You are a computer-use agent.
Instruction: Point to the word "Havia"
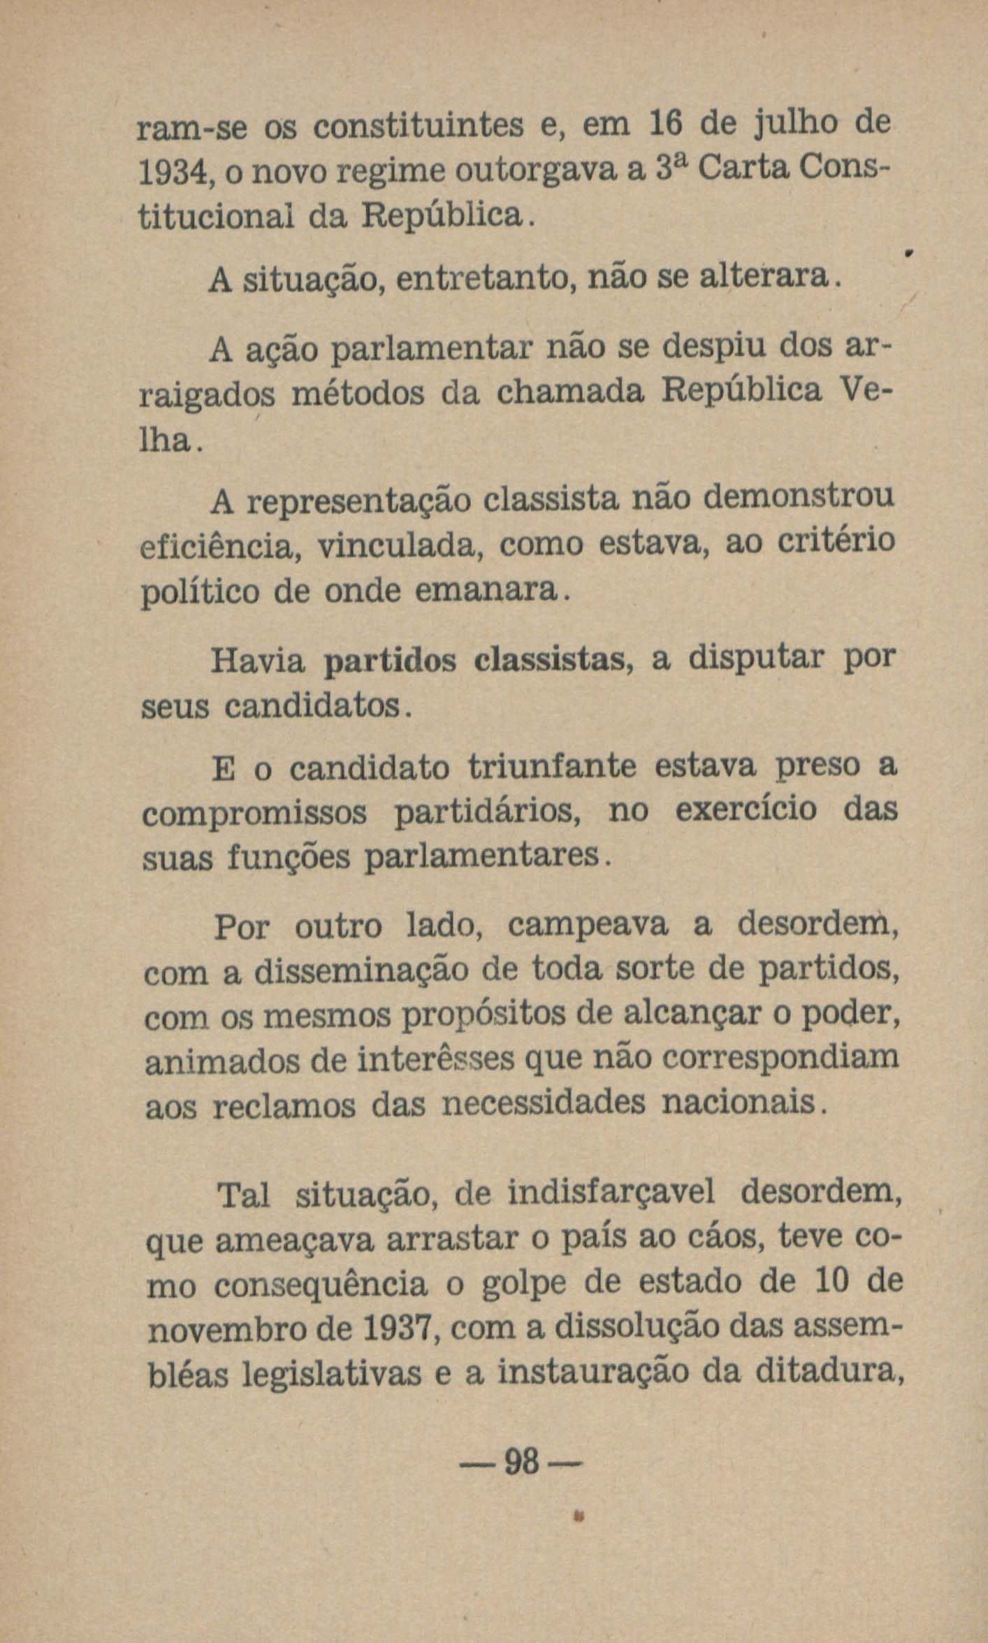[x=258, y=661]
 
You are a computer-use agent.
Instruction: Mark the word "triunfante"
[x=552, y=767]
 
